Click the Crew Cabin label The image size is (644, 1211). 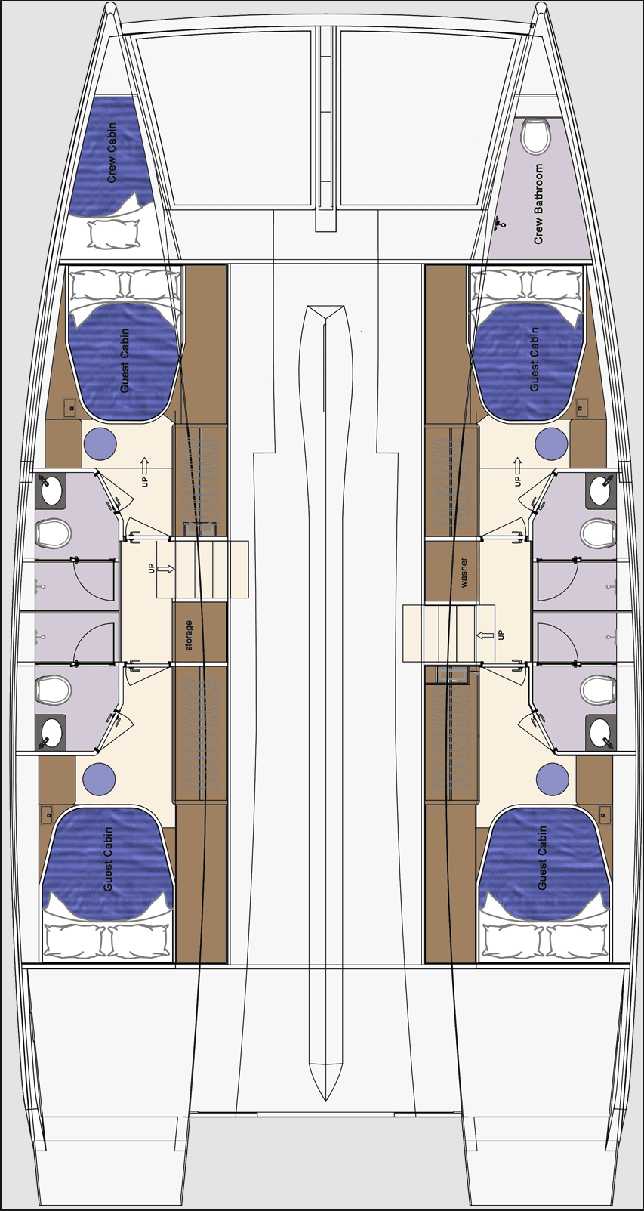(112, 153)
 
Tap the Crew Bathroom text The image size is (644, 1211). (538, 204)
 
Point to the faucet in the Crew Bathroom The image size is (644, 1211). (499, 224)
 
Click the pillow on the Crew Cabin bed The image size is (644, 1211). (114, 234)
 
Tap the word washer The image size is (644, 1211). (464, 573)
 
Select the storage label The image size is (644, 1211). (189, 635)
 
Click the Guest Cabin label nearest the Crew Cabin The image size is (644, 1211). (125, 360)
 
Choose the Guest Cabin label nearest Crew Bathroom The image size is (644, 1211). (535, 360)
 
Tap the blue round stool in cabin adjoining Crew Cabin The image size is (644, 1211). (100, 444)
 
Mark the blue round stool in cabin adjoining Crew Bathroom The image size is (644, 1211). (551, 444)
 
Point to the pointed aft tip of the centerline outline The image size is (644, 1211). (326, 1099)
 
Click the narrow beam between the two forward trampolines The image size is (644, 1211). (325, 121)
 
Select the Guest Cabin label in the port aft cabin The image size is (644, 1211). (108, 858)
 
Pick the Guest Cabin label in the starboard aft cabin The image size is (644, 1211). (542, 858)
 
